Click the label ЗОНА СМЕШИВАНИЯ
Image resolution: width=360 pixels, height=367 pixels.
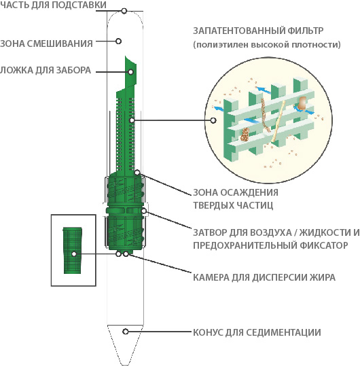pos(46,43)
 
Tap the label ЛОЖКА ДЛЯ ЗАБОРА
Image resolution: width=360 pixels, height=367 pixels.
pos(46,70)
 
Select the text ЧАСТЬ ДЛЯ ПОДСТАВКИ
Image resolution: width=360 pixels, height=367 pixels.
pos(53,5)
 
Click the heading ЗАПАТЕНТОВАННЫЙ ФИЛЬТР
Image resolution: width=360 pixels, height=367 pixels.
pos(258,31)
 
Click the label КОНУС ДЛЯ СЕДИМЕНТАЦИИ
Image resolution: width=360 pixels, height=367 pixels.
pos(257,332)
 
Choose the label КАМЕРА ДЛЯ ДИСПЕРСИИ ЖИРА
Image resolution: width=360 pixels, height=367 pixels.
pos(264,277)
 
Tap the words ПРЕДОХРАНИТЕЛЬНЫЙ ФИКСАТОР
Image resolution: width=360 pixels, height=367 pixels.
pos(270,245)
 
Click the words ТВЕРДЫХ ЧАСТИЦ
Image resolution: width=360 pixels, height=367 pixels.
pos(233,205)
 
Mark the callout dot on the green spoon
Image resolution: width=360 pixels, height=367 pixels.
pos(131,71)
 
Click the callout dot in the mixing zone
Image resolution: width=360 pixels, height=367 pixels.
pos(119,41)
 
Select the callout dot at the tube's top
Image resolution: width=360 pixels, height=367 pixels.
pos(124,11)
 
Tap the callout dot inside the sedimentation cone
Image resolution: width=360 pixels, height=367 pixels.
pos(126,332)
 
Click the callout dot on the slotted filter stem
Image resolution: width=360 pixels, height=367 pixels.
pos(132,120)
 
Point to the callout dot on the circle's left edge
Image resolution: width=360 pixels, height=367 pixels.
pos(213,120)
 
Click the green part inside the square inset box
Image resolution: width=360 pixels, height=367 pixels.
pos(72,250)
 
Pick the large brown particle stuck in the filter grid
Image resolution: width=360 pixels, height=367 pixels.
pos(302,103)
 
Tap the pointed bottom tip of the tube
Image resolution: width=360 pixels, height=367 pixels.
pos(126,364)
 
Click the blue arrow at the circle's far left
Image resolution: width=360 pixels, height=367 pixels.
pos(218,108)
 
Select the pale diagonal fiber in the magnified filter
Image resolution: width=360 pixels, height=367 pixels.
pos(278,122)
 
